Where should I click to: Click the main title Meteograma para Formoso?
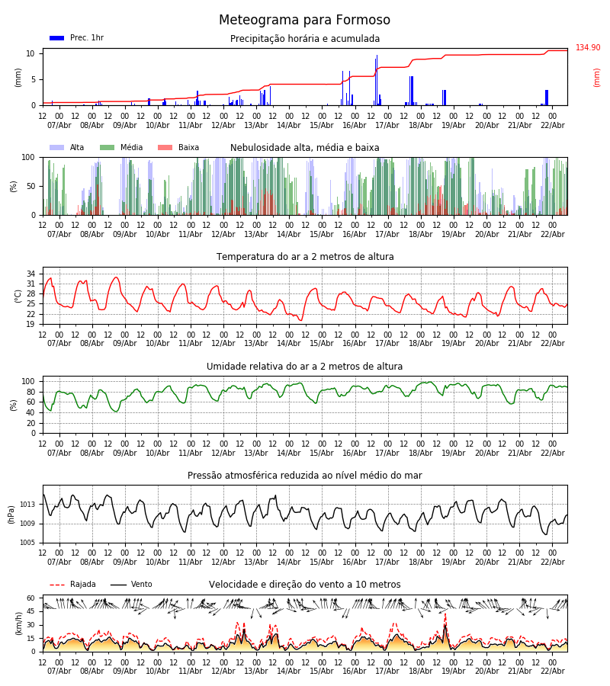pos(304,21)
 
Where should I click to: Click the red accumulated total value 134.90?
pos(588,48)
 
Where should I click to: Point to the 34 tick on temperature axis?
pos(31,274)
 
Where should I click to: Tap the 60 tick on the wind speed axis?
pos(31,598)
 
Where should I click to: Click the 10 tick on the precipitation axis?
pos(31,53)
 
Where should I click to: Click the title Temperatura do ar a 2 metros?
pos(305,257)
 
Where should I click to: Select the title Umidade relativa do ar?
pos(304,367)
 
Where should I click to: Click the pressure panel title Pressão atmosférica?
pos(304,476)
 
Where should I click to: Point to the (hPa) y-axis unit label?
pos(12,514)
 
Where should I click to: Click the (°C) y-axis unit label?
pos(18,295)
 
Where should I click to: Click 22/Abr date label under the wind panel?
pos(552,671)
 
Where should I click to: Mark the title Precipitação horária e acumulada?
pos(304,39)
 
